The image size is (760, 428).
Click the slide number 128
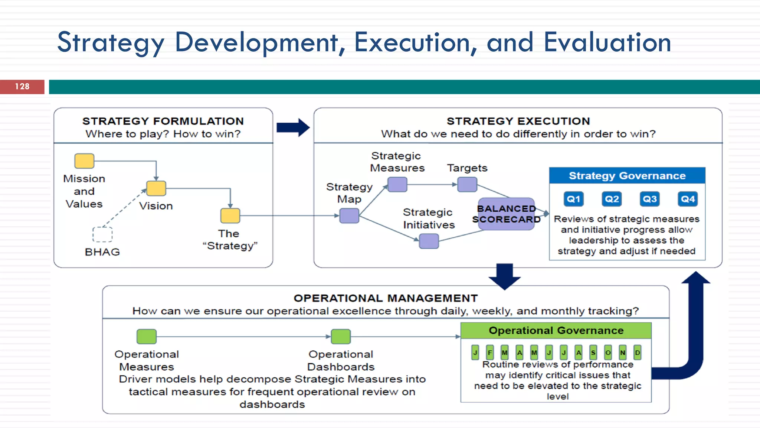point(22,87)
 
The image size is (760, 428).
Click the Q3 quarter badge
point(650,199)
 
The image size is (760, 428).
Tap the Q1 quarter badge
point(573,199)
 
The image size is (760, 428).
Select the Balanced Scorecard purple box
point(507,214)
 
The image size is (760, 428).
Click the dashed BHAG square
point(102,234)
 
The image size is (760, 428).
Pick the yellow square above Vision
point(156,188)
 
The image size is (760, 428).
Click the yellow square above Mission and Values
point(84,161)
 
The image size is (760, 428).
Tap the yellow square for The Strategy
point(230,215)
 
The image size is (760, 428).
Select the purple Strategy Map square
point(349,215)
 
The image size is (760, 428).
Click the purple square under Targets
point(467,184)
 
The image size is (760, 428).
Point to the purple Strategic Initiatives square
point(429,241)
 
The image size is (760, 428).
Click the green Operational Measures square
point(147,337)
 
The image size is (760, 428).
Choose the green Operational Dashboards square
point(341,337)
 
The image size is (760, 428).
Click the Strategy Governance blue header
point(627,176)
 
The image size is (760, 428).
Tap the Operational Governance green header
point(556,330)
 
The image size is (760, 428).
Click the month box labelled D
point(637,352)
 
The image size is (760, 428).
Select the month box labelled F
point(490,352)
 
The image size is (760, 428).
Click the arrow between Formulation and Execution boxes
point(293,127)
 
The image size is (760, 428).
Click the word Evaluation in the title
point(607,42)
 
